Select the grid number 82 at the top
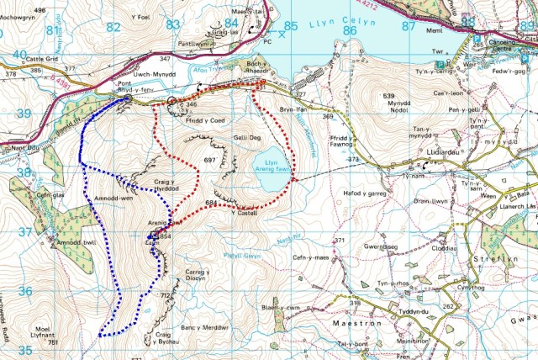(113, 26)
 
